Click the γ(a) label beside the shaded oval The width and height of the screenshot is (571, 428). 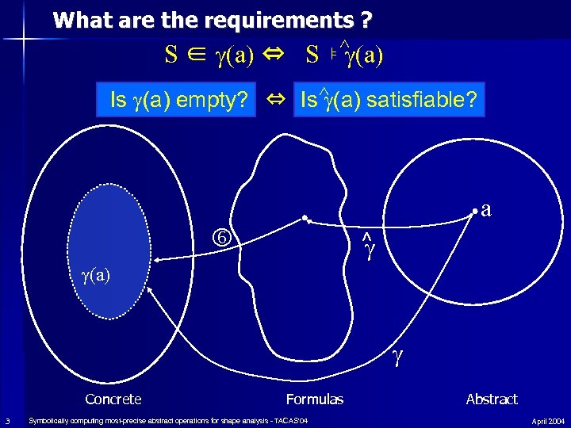tap(94, 275)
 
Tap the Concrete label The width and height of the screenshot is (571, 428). tap(113, 399)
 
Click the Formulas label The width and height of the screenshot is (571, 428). tap(315, 399)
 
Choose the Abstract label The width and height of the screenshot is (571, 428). tap(492, 399)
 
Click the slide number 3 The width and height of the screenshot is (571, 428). tap(7, 420)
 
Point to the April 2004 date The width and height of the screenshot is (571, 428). tap(548, 421)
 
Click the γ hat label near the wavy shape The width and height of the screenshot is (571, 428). tap(366, 248)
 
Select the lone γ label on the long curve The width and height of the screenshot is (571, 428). tap(397, 359)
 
